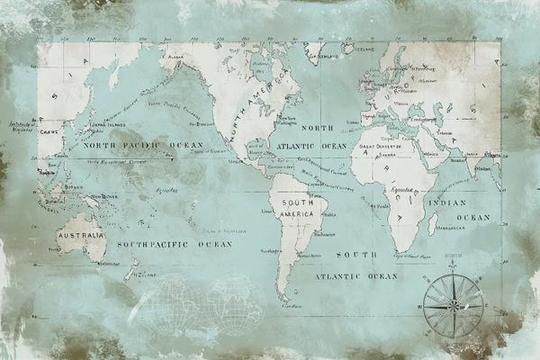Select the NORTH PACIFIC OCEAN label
click(x=144, y=145)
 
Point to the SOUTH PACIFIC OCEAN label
click(x=174, y=244)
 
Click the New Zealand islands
click(x=131, y=267)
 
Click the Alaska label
click(x=177, y=54)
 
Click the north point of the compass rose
click(x=453, y=273)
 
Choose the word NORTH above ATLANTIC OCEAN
click(x=316, y=128)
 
